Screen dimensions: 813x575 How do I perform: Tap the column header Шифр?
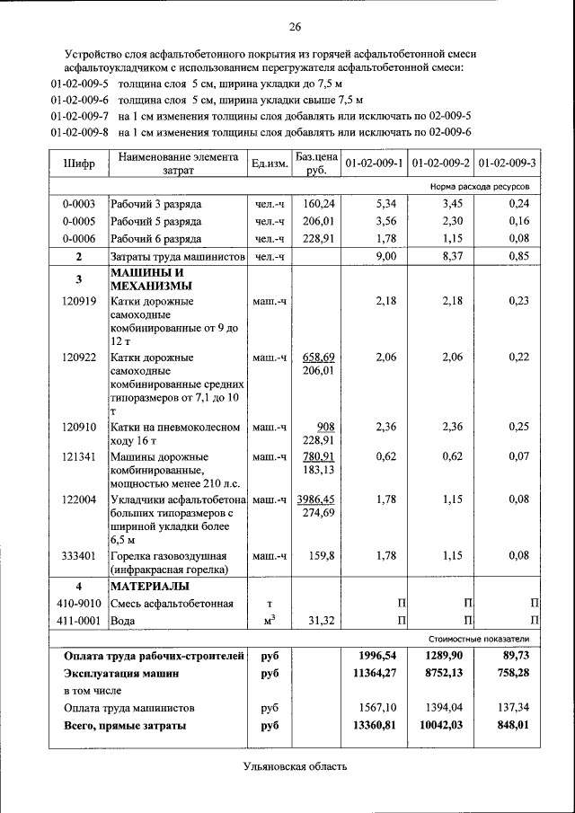pyautogui.click(x=79, y=163)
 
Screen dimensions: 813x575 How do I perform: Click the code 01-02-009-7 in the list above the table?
pyautogui.click(x=80, y=116)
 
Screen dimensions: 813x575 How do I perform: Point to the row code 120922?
pyautogui.click(x=79, y=358)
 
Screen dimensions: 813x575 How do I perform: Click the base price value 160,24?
pyautogui.click(x=318, y=203)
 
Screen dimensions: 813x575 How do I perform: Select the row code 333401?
pyautogui.click(x=79, y=555)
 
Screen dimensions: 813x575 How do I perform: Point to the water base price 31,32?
pyautogui.click(x=320, y=621)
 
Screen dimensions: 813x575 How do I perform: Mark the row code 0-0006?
pyautogui.click(x=79, y=238)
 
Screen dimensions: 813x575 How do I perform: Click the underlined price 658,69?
pyautogui.click(x=318, y=358)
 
